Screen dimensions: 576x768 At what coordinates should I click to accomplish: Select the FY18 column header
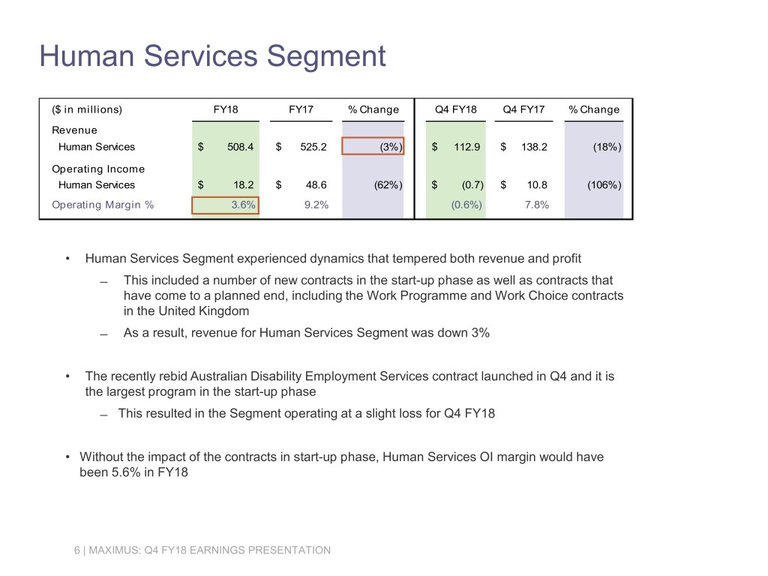tap(226, 109)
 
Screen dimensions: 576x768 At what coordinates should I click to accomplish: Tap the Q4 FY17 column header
tap(523, 109)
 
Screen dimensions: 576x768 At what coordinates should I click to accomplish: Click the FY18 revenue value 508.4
tap(240, 147)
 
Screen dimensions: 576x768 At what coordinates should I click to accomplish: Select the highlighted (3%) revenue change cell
tap(373, 146)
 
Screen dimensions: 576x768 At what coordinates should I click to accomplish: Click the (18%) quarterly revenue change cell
tap(606, 147)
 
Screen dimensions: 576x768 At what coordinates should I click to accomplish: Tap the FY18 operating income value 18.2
tap(243, 184)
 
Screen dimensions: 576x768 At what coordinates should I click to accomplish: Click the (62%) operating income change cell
tap(387, 184)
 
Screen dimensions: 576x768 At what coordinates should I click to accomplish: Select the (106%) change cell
tap(603, 184)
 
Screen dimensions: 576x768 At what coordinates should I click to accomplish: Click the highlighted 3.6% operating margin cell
tap(226, 205)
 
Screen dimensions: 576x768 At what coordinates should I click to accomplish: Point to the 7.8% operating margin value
tap(536, 205)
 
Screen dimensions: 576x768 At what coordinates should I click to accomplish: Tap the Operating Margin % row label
tap(103, 205)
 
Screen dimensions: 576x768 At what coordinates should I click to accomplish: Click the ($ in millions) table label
tap(86, 109)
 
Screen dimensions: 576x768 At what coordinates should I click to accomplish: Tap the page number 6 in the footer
tap(76, 550)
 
